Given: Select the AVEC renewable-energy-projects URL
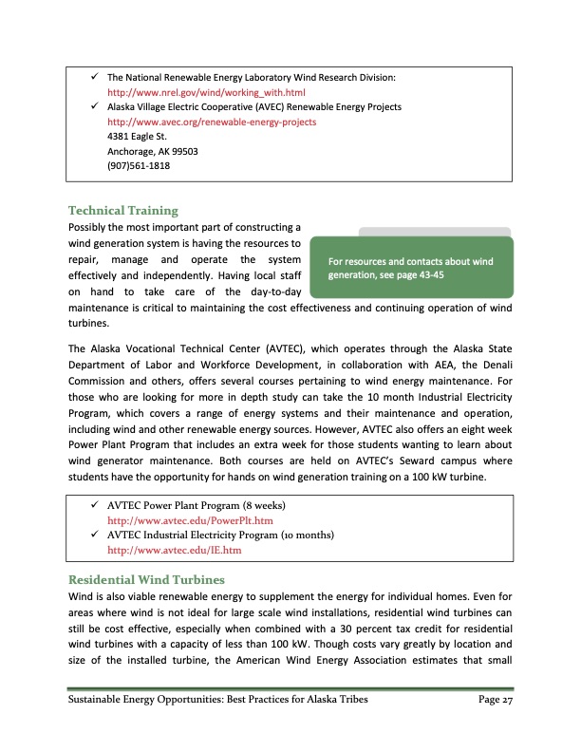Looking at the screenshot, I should click(212, 122).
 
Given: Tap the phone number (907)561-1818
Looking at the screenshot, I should click(137, 167).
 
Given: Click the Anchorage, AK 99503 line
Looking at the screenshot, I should click(153, 152).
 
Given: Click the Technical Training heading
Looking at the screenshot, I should click(123, 210).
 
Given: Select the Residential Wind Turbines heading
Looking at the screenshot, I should click(150, 578).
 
